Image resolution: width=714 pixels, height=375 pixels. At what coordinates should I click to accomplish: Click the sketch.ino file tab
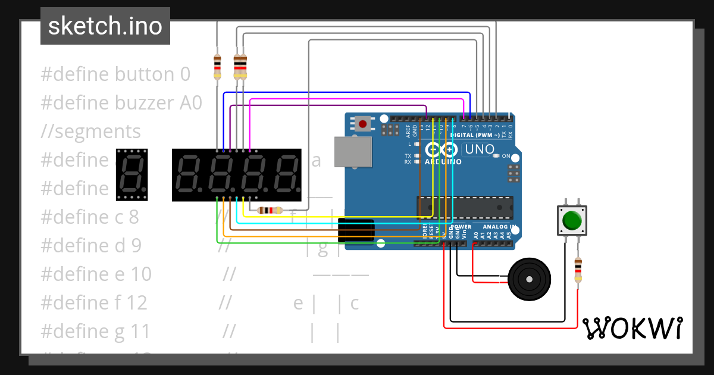pyautogui.click(x=105, y=26)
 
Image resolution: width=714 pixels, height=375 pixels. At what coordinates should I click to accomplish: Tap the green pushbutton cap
pyautogui.click(x=572, y=220)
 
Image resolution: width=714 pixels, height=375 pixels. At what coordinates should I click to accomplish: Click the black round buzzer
pyautogui.click(x=530, y=279)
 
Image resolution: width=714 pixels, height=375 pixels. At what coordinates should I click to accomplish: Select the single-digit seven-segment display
pyautogui.click(x=131, y=174)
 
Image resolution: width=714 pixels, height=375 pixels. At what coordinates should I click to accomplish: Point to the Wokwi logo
pyautogui.click(x=632, y=328)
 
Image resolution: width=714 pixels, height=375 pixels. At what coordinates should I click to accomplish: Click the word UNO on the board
pyautogui.click(x=480, y=149)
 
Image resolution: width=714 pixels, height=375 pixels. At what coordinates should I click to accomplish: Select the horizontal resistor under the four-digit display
pyautogui.click(x=270, y=210)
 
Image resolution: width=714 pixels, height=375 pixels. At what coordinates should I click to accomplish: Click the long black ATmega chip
pyautogui.click(x=465, y=207)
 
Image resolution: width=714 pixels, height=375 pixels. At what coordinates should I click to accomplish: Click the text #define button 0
pyautogui.click(x=115, y=74)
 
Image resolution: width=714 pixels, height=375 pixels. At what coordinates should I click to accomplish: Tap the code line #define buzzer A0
pyautogui.click(x=121, y=103)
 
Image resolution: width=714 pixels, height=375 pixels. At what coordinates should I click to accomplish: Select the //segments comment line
pyautogui.click(x=90, y=132)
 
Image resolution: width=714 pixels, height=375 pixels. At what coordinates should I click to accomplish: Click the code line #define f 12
pyautogui.click(x=93, y=303)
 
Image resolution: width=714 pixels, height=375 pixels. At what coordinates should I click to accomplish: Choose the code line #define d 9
pyautogui.click(x=91, y=246)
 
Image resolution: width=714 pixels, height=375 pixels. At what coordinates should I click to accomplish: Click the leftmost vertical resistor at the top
pyautogui.click(x=217, y=67)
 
